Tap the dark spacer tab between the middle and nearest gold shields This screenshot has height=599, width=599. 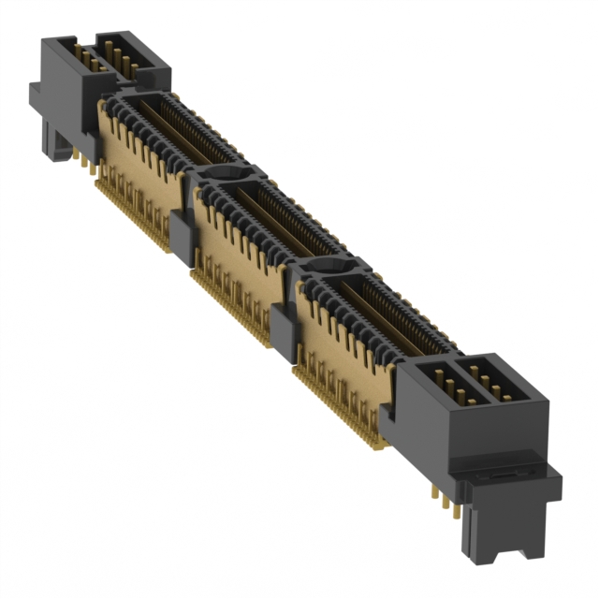pyautogui.click(x=282, y=330)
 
